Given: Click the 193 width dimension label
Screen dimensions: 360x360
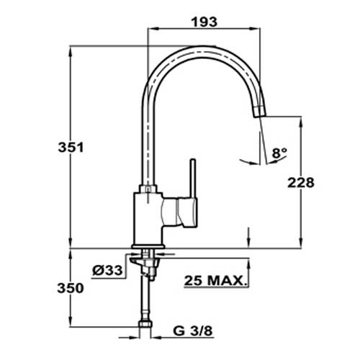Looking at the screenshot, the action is tap(204, 22).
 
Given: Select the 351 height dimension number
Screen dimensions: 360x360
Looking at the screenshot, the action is tap(71, 147).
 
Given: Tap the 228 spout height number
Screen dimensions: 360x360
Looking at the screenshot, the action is tap(301, 183).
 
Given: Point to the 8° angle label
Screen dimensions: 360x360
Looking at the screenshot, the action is tap(279, 153).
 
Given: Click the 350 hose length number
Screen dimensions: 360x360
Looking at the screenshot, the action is tap(71, 288).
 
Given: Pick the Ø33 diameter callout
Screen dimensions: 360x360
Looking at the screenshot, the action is tap(107, 271).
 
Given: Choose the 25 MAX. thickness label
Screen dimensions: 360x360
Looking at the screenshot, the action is tap(216, 281).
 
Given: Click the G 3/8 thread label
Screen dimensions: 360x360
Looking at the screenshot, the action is tap(193, 331).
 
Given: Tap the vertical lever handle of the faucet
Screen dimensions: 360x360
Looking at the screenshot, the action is tap(193, 178).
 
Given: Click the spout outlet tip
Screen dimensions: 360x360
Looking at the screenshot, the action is tap(260, 111).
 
